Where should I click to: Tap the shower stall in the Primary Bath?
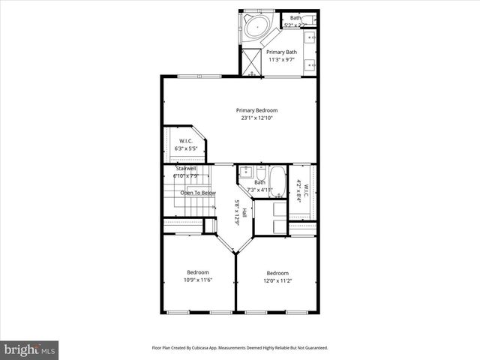tap(252, 61)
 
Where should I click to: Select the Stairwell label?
tap(186, 169)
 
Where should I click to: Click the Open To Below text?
tap(198, 193)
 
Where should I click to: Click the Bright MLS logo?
tap(30, 349)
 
